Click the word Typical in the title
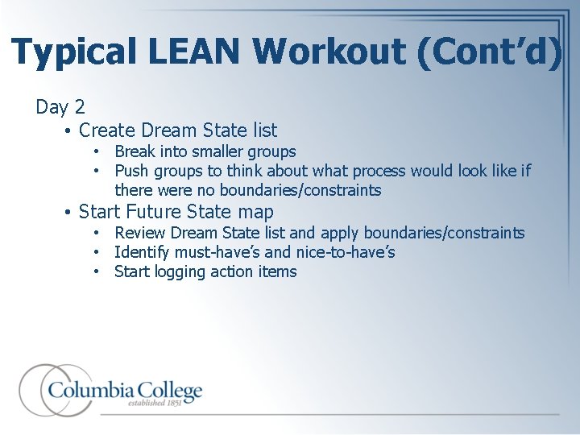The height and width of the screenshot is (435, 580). pos(75,52)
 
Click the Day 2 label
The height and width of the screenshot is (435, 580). pos(60,106)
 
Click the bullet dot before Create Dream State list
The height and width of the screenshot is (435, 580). pos(70,131)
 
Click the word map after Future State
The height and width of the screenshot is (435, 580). pos(255,212)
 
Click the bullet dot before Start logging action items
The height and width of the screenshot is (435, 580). pos(96,271)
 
